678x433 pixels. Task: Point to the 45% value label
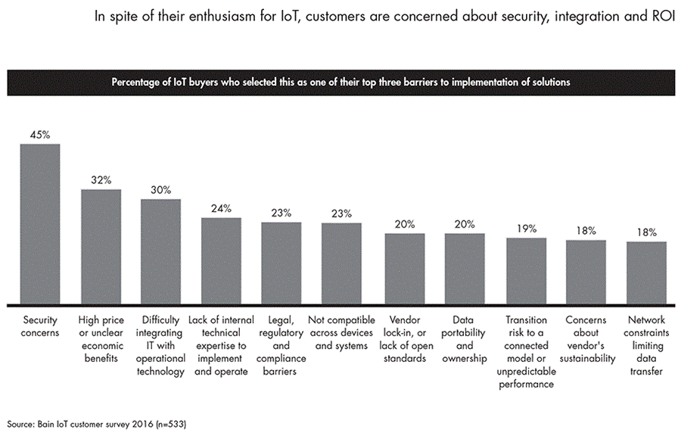(x=40, y=135)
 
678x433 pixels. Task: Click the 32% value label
(x=101, y=180)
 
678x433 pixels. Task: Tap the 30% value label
(x=160, y=190)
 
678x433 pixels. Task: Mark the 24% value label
(x=221, y=208)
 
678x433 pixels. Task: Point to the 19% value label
(x=527, y=229)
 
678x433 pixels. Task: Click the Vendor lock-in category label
(x=404, y=339)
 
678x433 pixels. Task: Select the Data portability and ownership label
(x=465, y=339)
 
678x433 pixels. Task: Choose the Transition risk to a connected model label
(x=527, y=352)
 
